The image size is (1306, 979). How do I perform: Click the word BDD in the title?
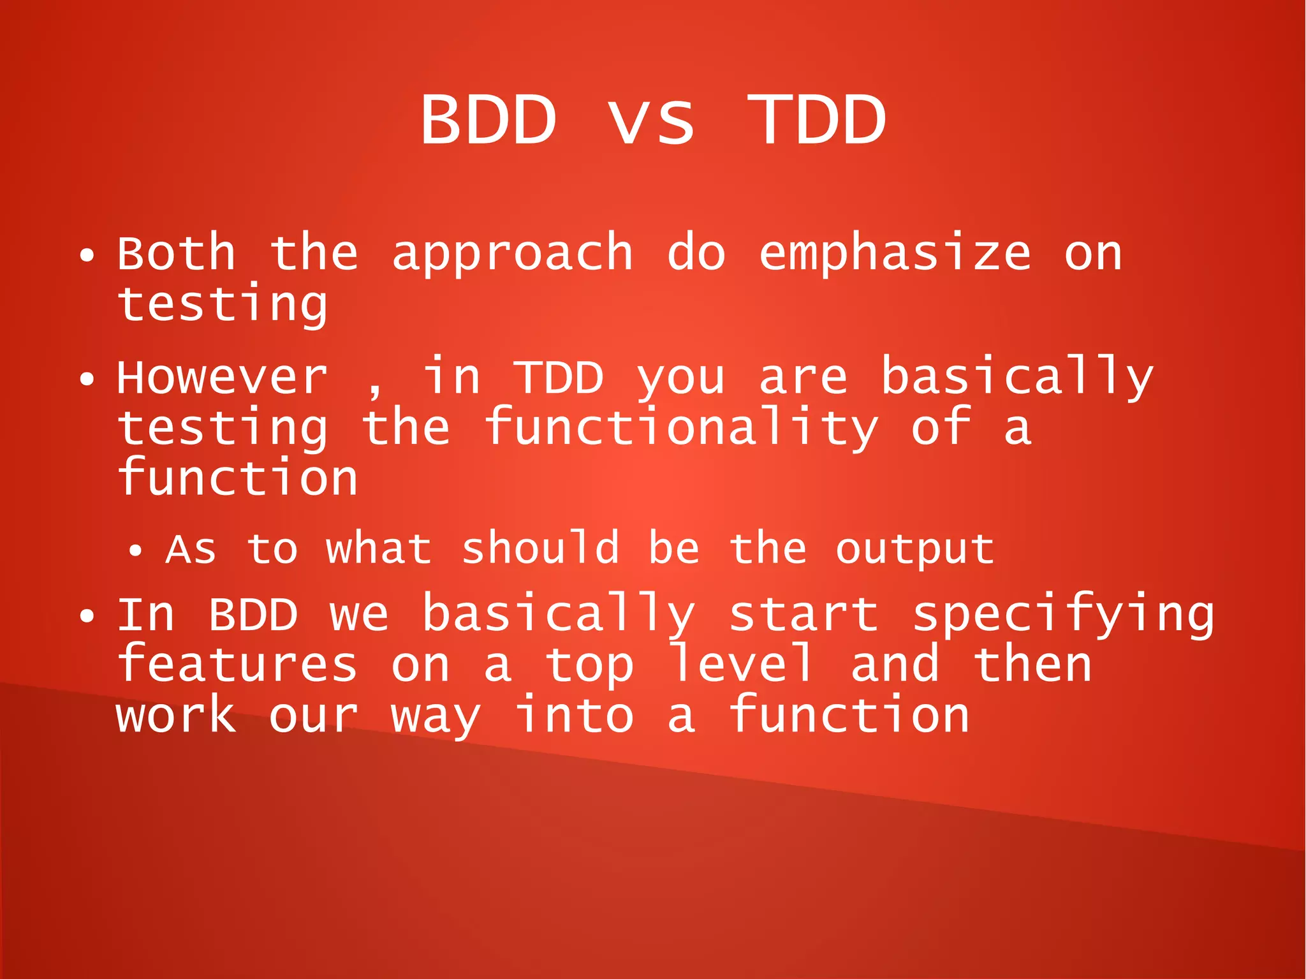(x=488, y=120)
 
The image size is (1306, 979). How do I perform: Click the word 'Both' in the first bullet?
(x=177, y=253)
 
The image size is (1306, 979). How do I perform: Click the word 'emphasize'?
(x=894, y=253)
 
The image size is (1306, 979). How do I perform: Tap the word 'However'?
(x=222, y=378)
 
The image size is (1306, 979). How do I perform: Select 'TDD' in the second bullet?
(x=559, y=378)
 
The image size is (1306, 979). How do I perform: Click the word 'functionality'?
(x=680, y=427)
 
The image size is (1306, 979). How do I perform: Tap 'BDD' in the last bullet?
(x=253, y=615)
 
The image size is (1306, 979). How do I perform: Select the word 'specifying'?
(x=1063, y=615)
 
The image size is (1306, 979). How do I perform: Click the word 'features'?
(x=237, y=665)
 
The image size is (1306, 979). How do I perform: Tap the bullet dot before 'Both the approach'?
(x=87, y=256)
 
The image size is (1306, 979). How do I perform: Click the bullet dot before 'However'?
(x=87, y=380)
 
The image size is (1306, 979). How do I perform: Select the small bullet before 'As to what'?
(x=135, y=551)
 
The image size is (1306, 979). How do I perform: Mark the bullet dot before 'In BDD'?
(x=87, y=617)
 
